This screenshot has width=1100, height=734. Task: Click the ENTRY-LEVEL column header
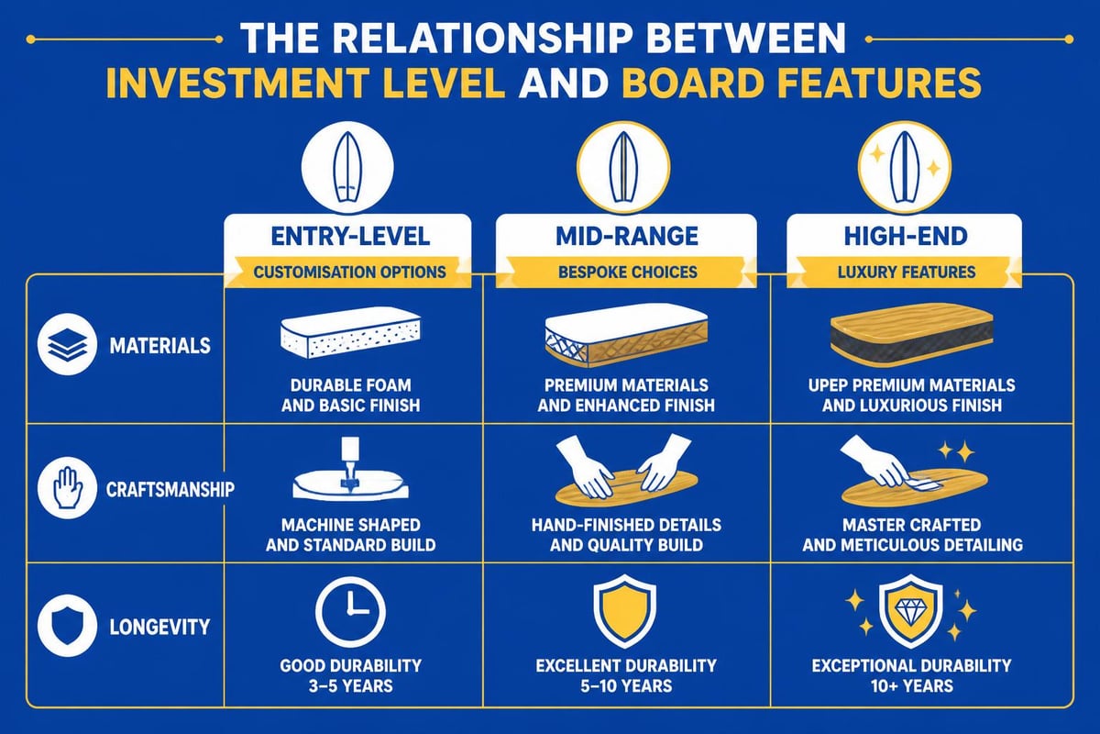pos(350,237)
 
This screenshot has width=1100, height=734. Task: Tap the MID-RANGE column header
pos(627,237)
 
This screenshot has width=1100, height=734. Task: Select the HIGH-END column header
pos(906,237)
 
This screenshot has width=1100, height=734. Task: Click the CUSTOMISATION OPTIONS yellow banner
pos(349,272)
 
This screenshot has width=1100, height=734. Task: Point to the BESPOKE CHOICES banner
pos(628,272)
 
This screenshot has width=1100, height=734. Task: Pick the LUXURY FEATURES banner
pos(907,272)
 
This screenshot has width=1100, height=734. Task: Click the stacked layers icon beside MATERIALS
pos(67,344)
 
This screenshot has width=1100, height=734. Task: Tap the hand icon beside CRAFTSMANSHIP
pos(67,487)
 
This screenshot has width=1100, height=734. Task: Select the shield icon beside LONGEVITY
pos(67,626)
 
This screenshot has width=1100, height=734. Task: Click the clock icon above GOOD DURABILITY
pos(350,612)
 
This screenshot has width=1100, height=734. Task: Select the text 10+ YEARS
pos(912,685)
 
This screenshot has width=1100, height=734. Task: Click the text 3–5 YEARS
pos(350,685)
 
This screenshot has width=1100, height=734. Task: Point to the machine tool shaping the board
pos(350,462)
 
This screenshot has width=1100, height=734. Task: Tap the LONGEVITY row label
pos(159,627)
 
